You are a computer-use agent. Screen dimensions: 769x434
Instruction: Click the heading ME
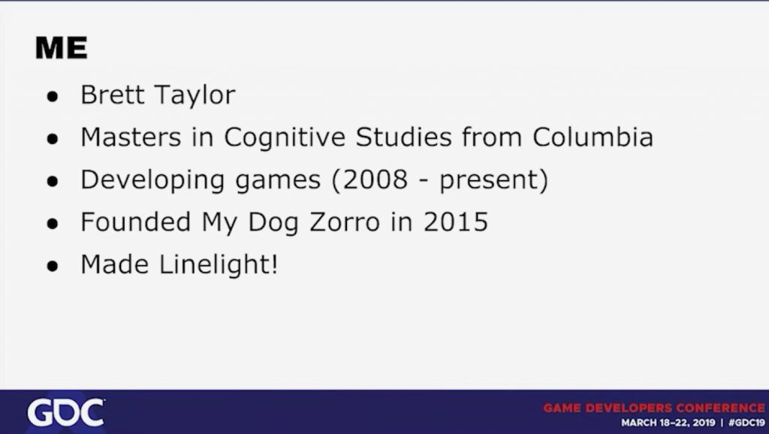tap(62, 49)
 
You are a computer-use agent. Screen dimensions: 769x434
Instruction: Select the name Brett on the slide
tap(112, 95)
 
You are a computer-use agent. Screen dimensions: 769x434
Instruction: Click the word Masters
tap(131, 137)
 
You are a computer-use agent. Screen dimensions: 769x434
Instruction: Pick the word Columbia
tap(593, 137)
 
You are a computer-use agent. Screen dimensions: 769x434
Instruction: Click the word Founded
tap(135, 222)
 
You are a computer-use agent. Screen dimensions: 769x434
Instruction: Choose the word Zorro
tap(345, 222)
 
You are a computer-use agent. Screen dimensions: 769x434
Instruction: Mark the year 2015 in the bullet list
tap(456, 222)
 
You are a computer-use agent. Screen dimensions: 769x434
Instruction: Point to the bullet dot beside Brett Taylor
tap(53, 97)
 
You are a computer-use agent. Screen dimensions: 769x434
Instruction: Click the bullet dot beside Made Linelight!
tap(53, 267)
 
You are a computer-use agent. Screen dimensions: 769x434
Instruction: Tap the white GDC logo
tap(66, 412)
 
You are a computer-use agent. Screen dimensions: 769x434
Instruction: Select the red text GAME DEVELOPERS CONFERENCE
tap(654, 408)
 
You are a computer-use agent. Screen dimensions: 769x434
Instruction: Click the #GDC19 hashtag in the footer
tap(747, 423)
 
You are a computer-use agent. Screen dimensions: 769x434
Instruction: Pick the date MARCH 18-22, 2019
tap(667, 423)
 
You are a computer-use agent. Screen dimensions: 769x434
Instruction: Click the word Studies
tap(403, 137)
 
